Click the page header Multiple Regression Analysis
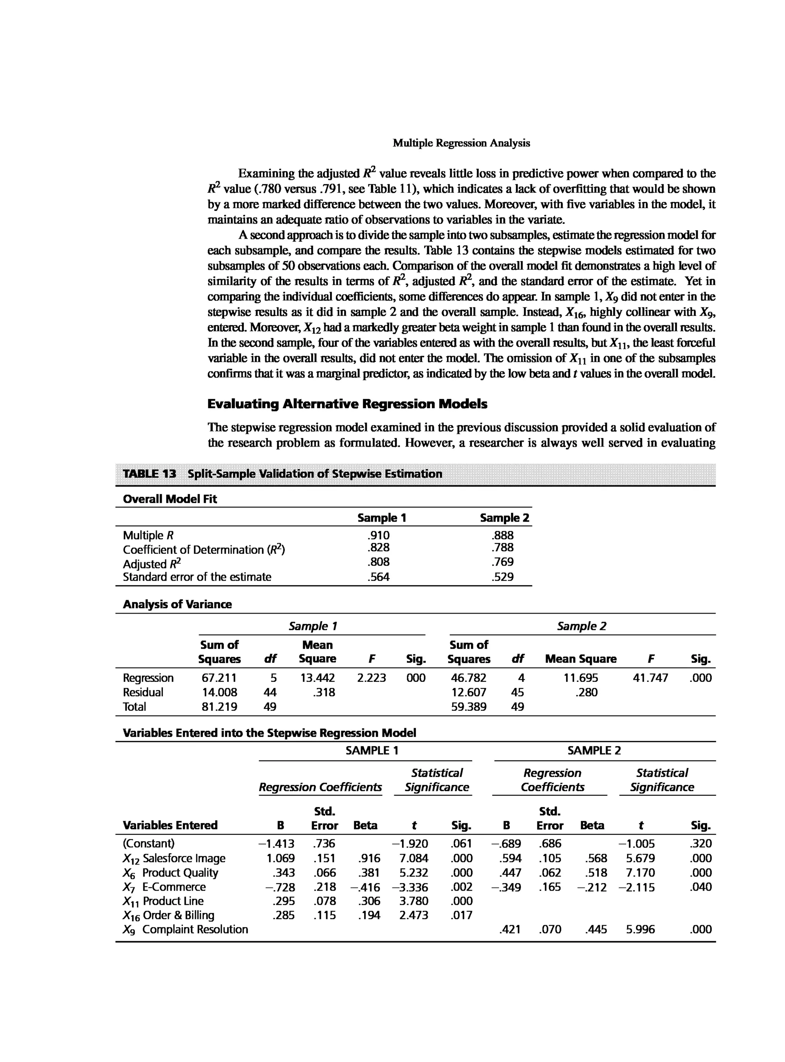461,143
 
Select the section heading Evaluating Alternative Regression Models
347,404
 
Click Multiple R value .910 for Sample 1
378,535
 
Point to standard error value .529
503,577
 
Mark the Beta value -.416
365,887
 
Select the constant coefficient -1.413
276,844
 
